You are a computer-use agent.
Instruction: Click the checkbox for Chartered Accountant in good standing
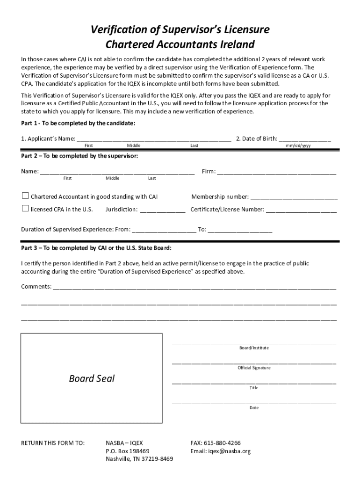coord(25,196)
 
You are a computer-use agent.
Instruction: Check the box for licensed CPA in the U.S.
coord(25,209)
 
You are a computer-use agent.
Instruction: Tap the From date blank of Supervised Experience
coord(164,230)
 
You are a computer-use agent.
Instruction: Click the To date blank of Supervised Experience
coord(240,230)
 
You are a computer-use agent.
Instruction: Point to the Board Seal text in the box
coord(92,378)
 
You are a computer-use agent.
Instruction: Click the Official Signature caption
coord(254,368)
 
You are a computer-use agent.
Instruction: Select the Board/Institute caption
coord(254,348)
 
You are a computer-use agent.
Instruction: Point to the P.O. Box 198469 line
coord(128,451)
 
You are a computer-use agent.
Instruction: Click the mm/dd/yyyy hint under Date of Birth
coord(298,146)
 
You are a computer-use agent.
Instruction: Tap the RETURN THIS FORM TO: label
coord(53,443)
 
